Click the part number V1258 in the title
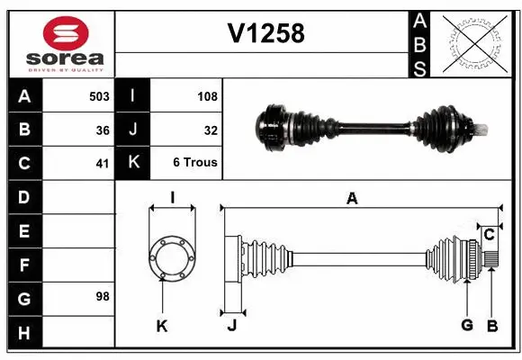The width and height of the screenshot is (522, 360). [x=265, y=33]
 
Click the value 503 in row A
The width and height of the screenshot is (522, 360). [x=99, y=95]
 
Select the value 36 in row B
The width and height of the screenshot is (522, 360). [x=103, y=130]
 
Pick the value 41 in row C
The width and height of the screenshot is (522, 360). [x=103, y=163]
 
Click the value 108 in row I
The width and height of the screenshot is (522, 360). [x=207, y=95]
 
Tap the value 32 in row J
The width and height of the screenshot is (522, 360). [x=211, y=130]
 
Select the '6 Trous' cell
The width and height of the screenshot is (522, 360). [x=195, y=163]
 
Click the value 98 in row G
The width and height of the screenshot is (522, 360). [x=103, y=296]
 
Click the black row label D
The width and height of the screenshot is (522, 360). [x=23, y=196]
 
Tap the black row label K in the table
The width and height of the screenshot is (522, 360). [x=132, y=163]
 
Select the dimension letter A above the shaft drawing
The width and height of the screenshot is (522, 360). [x=352, y=199]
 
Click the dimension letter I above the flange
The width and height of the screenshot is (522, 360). [x=171, y=196]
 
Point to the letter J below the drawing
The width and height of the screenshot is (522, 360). [x=231, y=326]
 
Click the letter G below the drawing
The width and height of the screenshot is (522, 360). [x=467, y=326]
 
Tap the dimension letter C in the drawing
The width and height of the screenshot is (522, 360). [x=489, y=234]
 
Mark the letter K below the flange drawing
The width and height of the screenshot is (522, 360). [x=162, y=326]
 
